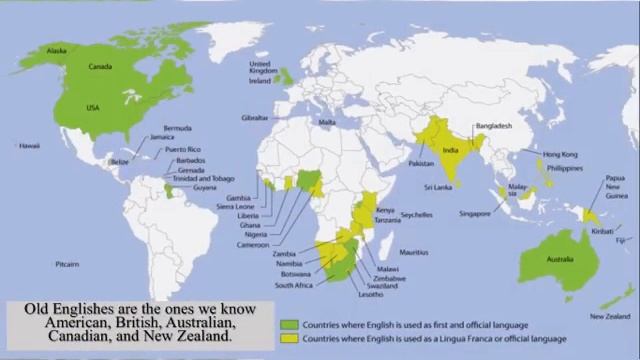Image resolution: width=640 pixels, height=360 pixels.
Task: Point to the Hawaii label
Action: coord(28,146)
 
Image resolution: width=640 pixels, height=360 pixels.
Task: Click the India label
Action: coord(451,151)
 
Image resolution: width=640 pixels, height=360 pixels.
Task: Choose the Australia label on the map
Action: coord(559,261)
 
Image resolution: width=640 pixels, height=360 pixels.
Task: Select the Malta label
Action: coord(326,122)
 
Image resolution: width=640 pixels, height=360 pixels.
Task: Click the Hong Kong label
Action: coord(560,154)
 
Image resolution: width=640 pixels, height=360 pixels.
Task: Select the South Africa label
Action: coord(296,284)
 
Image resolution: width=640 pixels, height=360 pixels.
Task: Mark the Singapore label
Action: coord(475,213)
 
